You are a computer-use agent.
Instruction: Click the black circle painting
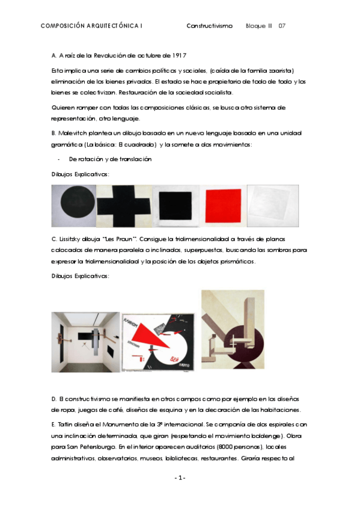click(x=74, y=204)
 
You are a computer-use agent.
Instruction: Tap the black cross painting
click(x=124, y=204)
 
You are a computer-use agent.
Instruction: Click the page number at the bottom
click(x=180, y=478)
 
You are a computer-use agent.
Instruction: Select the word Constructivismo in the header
click(x=209, y=26)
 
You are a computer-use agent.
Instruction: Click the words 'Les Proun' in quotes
click(x=127, y=239)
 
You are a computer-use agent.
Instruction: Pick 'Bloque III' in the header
click(x=259, y=26)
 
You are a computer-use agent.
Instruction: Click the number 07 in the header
click(x=282, y=26)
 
